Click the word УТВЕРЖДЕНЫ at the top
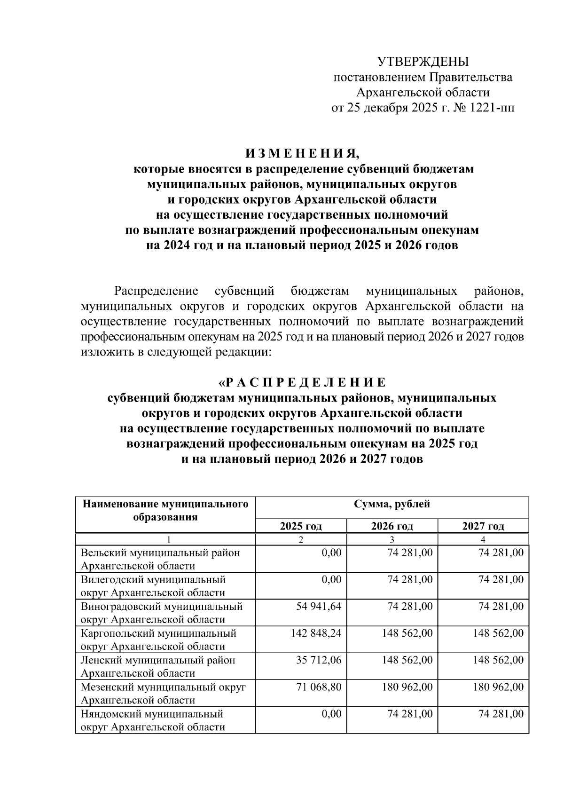click(423, 62)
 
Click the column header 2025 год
click(301, 526)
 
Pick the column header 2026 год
click(392, 526)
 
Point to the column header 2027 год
click(483, 526)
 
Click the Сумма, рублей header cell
click(392, 505)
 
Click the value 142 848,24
click(316, 633)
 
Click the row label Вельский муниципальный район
click(160, 553)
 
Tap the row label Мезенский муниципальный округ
click(163, 687)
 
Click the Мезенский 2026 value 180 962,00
click(407, 687)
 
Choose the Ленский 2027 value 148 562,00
click(498, 660)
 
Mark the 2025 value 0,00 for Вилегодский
click(331, 580)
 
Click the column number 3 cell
click(392, 540)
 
